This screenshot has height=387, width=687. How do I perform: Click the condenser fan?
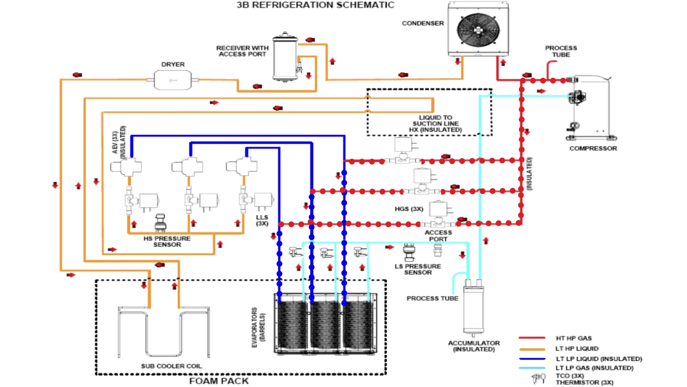478,30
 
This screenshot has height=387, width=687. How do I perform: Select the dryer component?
173,80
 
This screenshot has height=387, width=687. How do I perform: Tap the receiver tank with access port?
285,57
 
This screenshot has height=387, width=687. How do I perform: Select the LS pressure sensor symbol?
409,252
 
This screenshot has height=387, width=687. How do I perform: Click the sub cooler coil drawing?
164,333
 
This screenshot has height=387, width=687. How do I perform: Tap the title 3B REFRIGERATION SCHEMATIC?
315,5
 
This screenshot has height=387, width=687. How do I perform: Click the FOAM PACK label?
219,381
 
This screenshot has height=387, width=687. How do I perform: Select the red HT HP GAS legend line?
532,338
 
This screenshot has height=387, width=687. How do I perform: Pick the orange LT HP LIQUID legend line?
532,349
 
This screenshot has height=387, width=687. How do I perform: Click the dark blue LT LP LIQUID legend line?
532,359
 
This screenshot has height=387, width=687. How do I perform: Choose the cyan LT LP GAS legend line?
532,368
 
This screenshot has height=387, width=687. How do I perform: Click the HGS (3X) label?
409,209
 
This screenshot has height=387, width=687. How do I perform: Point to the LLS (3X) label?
262,220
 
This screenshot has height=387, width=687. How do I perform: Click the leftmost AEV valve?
126,167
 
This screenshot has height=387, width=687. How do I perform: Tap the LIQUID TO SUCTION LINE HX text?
435,124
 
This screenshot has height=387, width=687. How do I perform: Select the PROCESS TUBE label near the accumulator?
432,298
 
